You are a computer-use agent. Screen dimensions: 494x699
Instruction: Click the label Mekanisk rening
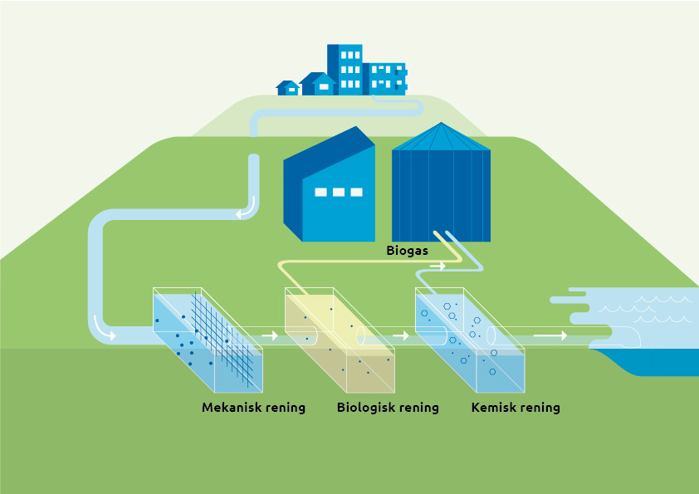point(253,408)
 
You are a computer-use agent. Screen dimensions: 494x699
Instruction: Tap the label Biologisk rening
point(388,408)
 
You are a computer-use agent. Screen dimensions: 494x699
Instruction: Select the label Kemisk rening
point(516,408)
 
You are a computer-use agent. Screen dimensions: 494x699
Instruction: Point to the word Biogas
point(408,249)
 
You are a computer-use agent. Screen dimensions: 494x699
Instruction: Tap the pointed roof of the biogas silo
point(441,137)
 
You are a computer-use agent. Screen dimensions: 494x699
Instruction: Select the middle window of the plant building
point(338,193)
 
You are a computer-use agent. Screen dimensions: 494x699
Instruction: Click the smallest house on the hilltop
point(288,87)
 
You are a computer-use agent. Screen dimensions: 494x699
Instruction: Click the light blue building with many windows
point(387,77)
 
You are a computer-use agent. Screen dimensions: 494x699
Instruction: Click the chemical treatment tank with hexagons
point(471,340)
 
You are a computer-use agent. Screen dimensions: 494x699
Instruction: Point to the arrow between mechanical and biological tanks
point(269,336)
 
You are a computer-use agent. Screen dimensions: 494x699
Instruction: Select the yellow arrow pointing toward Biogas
point(437,267)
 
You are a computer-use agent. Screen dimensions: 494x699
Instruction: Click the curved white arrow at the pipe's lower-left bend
point(105,329)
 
